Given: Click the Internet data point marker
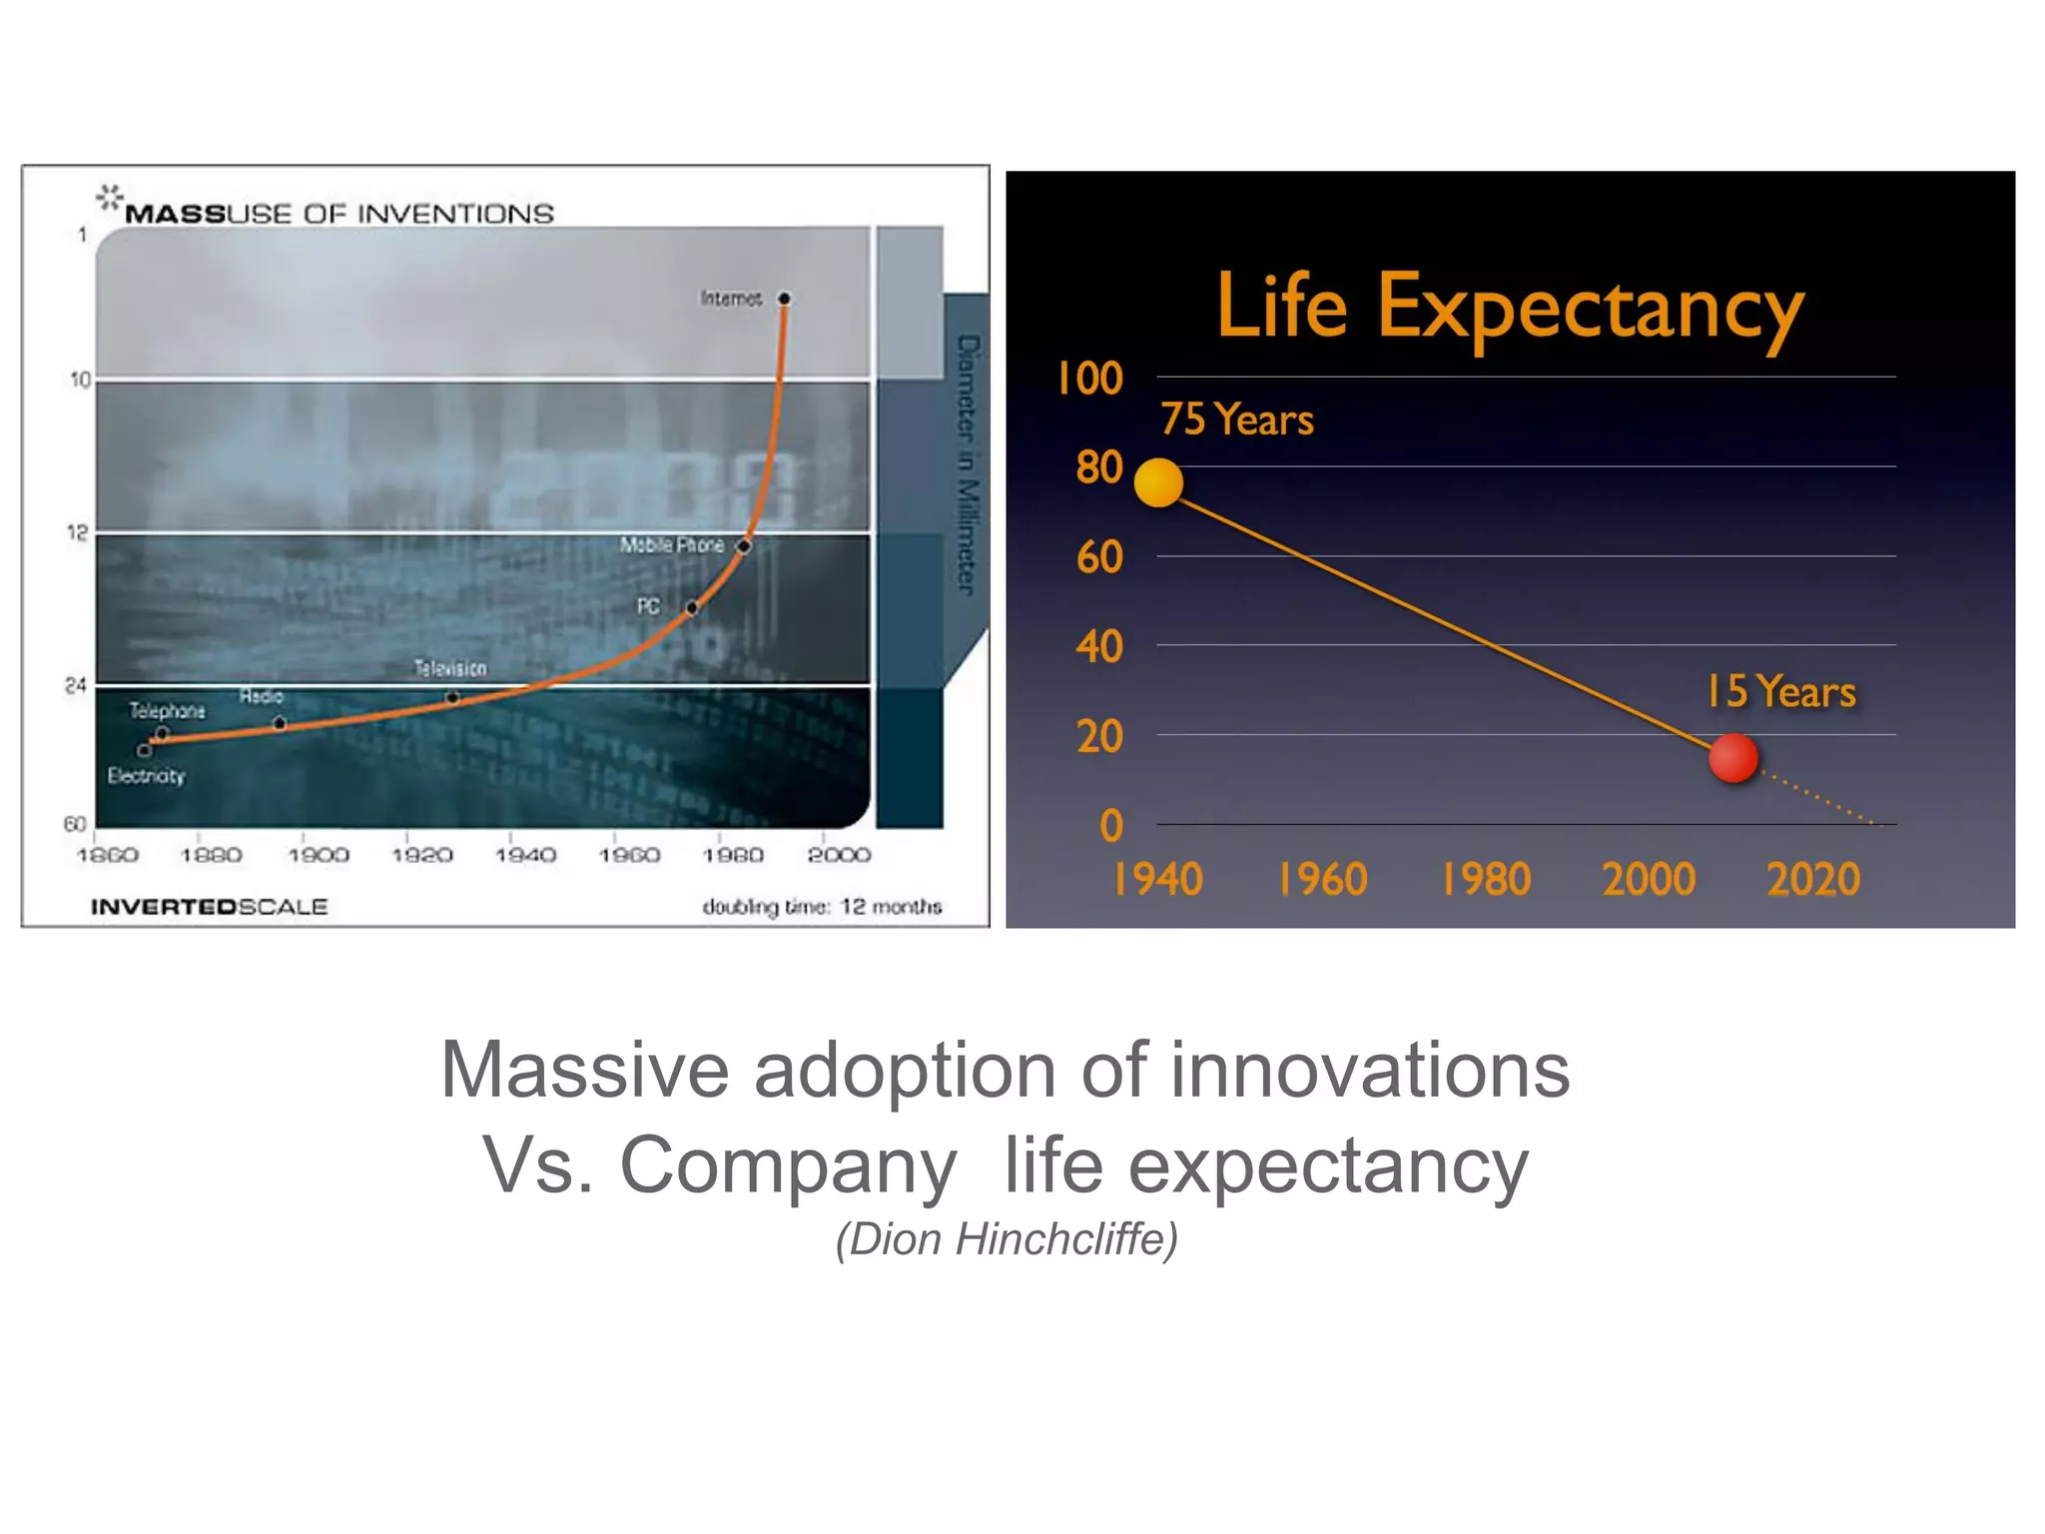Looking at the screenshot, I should click(x=784, y=299).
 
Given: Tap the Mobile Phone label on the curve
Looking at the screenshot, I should click(x=671, y=545).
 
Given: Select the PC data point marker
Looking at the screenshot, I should click(x=692, y=607).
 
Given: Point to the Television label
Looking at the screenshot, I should click(x=450, y=668).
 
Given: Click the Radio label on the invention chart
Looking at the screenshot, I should click(x=261, y=696).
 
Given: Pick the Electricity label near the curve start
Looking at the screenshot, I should click(x=146, y=776).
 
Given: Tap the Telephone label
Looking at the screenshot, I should click(x=167, y=711).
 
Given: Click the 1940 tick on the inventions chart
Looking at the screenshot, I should click(x=525, y=855).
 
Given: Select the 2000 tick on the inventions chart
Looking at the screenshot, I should click(x=839, y=855).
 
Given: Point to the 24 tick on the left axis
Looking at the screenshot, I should click(x=76, y=685).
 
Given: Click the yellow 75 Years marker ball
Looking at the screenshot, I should click(x=1158, y=482).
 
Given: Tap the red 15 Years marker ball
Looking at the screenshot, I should click(x=1732, y=758).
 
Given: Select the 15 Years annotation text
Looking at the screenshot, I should click(x=1780, y=691).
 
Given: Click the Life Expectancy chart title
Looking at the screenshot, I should click(x=1510, y=308).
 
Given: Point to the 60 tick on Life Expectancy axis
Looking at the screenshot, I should click(x=1099, y=557).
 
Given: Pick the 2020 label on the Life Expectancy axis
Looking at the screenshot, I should click(x=1813, y=880).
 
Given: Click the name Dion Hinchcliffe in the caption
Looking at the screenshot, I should click(x=1007, y=1239).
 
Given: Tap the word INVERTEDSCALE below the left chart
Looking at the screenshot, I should click(x=209, y=907).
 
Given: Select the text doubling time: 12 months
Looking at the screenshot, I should click(x=822, y=907).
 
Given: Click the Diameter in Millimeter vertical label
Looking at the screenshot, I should click(x=967, y=464).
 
